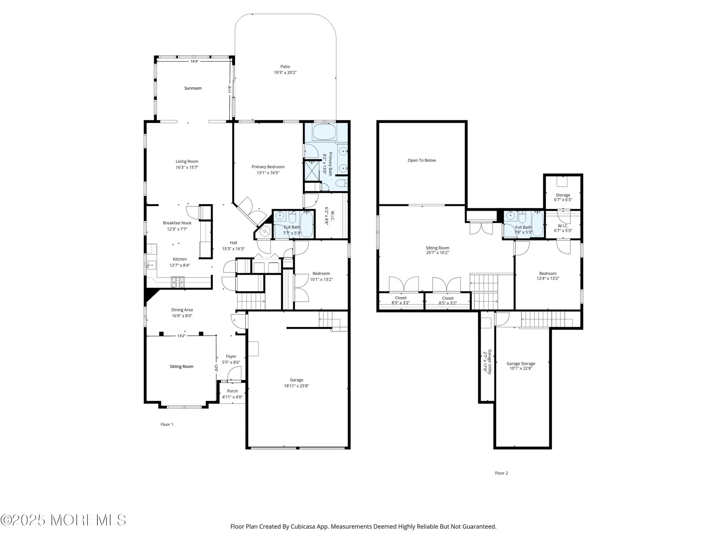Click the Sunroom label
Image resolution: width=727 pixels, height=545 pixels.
pyautogui.click(x=193, y=88)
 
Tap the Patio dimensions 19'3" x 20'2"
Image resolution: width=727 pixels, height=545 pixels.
pyautogui.click(x=285, y=73)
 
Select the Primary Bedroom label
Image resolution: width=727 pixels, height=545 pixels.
pyautogui.click(x=268, y=167)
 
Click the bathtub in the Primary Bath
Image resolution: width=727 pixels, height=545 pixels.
pyautogui.click(x=325, y=132)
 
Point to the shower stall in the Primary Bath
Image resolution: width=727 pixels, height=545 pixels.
pyautogui.click(x=312, y=171)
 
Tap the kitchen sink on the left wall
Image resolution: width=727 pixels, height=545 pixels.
pyautogui.click(x=151, y=266)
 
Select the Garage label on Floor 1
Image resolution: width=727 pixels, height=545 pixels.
pyautogui.click(x=296, y=380)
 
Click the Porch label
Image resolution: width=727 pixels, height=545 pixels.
pyautogui.click(x=232, y=391)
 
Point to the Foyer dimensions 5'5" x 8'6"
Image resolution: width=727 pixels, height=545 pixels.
pyautogui.click(x=231, y=362)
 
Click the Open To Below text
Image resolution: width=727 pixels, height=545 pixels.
pyautogui.click(x=422, y=160)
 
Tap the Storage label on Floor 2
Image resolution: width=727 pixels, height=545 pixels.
pyautogui.click(x=563, y=195)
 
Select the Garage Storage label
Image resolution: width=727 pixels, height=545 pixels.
pyautogui.click(x=521, y=363)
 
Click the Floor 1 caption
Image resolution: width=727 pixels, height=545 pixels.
pyautogui.click(x=167, y=424)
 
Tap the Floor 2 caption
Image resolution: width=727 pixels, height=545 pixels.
pyautogui.click(x=501, y=473)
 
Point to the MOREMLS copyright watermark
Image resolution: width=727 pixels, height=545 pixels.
pyautogui.click(x=64, y=520)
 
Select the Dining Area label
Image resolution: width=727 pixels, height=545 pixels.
pyautogui.click(x=182, y=310)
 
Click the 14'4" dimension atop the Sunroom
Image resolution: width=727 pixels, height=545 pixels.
pyautogui.click(x=194, y=61)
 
